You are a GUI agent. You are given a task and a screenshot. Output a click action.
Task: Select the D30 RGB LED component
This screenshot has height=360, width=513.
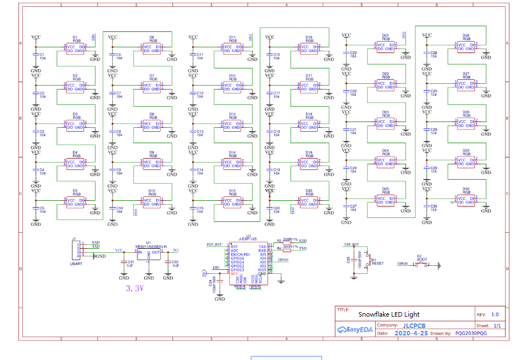point(466,200)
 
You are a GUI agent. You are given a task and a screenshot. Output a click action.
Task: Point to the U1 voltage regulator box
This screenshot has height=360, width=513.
point(148,253)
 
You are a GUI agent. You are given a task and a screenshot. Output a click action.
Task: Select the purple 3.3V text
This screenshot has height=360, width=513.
point(134,289)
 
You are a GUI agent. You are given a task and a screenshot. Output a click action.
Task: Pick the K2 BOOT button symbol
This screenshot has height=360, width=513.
point(422,264)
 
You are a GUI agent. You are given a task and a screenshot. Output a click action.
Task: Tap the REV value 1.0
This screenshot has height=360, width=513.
point(494,314)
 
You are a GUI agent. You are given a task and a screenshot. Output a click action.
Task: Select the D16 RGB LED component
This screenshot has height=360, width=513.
point(309,48)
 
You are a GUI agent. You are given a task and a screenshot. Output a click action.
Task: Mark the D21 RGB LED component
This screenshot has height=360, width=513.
point(385,47)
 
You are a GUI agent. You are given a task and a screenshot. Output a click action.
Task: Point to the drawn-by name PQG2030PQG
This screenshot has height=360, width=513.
point(471,333)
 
